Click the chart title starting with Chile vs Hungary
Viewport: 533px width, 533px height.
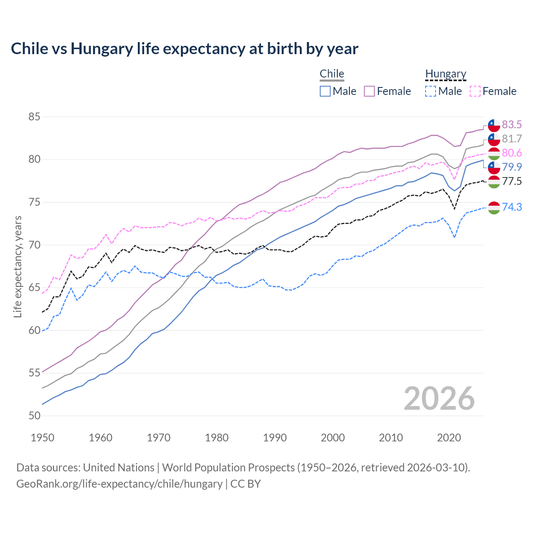[x=184, y=49]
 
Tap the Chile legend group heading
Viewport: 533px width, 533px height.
[x=332, y=74]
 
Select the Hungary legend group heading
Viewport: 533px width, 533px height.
[x=446, y=74]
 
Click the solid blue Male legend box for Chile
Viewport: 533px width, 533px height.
[x=325, y=91]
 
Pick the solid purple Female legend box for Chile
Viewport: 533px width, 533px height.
[x=369, y=91]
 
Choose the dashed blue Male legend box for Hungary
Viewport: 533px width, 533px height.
[x=431, y=91]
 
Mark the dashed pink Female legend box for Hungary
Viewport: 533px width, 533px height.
[x=475, y=91]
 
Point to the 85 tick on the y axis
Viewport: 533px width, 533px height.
[x=34, y=117]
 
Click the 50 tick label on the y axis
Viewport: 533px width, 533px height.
[x=34, y=416]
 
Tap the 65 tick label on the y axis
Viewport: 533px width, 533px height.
[x=34, y=288]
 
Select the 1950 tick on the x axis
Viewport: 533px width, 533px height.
[x=42, y=438]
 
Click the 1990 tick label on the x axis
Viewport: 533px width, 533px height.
[x=275, y=438]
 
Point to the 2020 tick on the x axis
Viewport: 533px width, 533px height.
[x=449, y=438]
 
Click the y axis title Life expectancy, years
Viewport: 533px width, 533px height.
[x=17, y=266]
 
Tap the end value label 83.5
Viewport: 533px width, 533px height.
[x=512, y=125]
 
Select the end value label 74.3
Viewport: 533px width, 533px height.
[x=512, y=207]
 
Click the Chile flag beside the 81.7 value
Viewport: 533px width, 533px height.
[x=494, y=139]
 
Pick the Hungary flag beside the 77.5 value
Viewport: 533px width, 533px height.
[x=494, y=182]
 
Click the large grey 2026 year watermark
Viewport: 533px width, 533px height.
[x=439, y=399]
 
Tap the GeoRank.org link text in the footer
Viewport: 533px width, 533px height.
[x=119, y=484]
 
